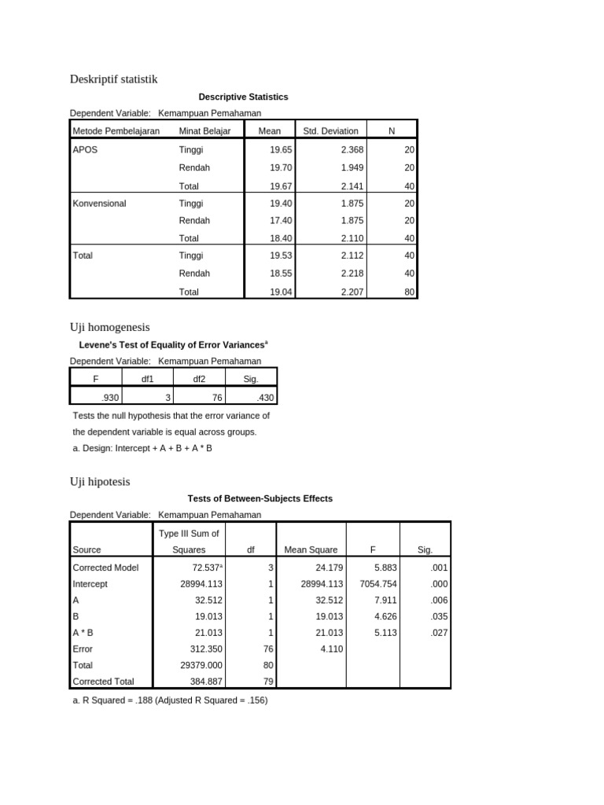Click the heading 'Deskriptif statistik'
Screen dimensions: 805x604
pyautogui.click(x=114, y=79)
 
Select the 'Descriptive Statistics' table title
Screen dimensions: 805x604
pyautogui.click(x=243, y=97)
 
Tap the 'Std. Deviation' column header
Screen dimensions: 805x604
pyautogui.click(x=330, y=131)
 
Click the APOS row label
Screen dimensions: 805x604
pyautogui.click(x=85, y=149)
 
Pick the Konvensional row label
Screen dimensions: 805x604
pyautogui.click(x=99, y=203)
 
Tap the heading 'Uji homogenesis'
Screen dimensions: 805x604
pyautogui.click(x=109, y=326)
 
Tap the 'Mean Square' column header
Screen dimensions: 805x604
pyautogui.click(x=311, y=550)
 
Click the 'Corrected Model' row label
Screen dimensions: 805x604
pyautogui.click(x=103, y=567)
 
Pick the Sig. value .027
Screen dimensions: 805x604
pyautogui.click(x=434, y=631)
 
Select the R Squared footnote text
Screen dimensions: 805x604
pyautogui.click(x=170, y=700)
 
